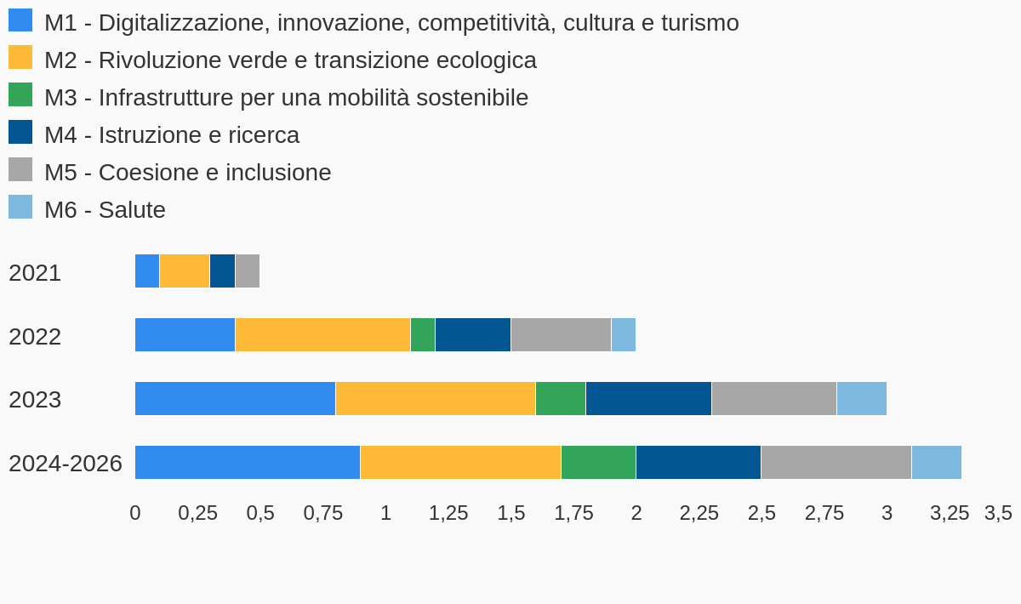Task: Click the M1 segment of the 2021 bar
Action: (147, 271)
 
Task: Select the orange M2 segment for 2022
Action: (322, 335)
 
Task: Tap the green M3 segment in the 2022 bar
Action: (423, 335)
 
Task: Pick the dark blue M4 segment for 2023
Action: (648, 399)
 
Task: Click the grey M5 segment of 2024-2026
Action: (836, 463)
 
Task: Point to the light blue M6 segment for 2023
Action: (862, 399)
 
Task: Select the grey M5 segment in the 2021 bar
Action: (248, 271)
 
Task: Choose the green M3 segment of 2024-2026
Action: (598, 463)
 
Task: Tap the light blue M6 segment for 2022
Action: (624, 335)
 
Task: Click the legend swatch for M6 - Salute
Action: (20, 208)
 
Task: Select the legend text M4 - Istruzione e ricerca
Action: (172, 135)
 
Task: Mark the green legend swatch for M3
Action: (20, 95)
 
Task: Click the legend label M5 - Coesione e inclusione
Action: (188, 173)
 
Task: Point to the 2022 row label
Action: (35, 337)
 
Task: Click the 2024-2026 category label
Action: (66, 464)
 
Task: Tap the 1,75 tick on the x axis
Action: (573, 513)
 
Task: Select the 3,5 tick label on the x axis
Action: (998, 513)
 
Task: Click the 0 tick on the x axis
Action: (135, 513)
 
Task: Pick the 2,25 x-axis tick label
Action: (699, 513)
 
